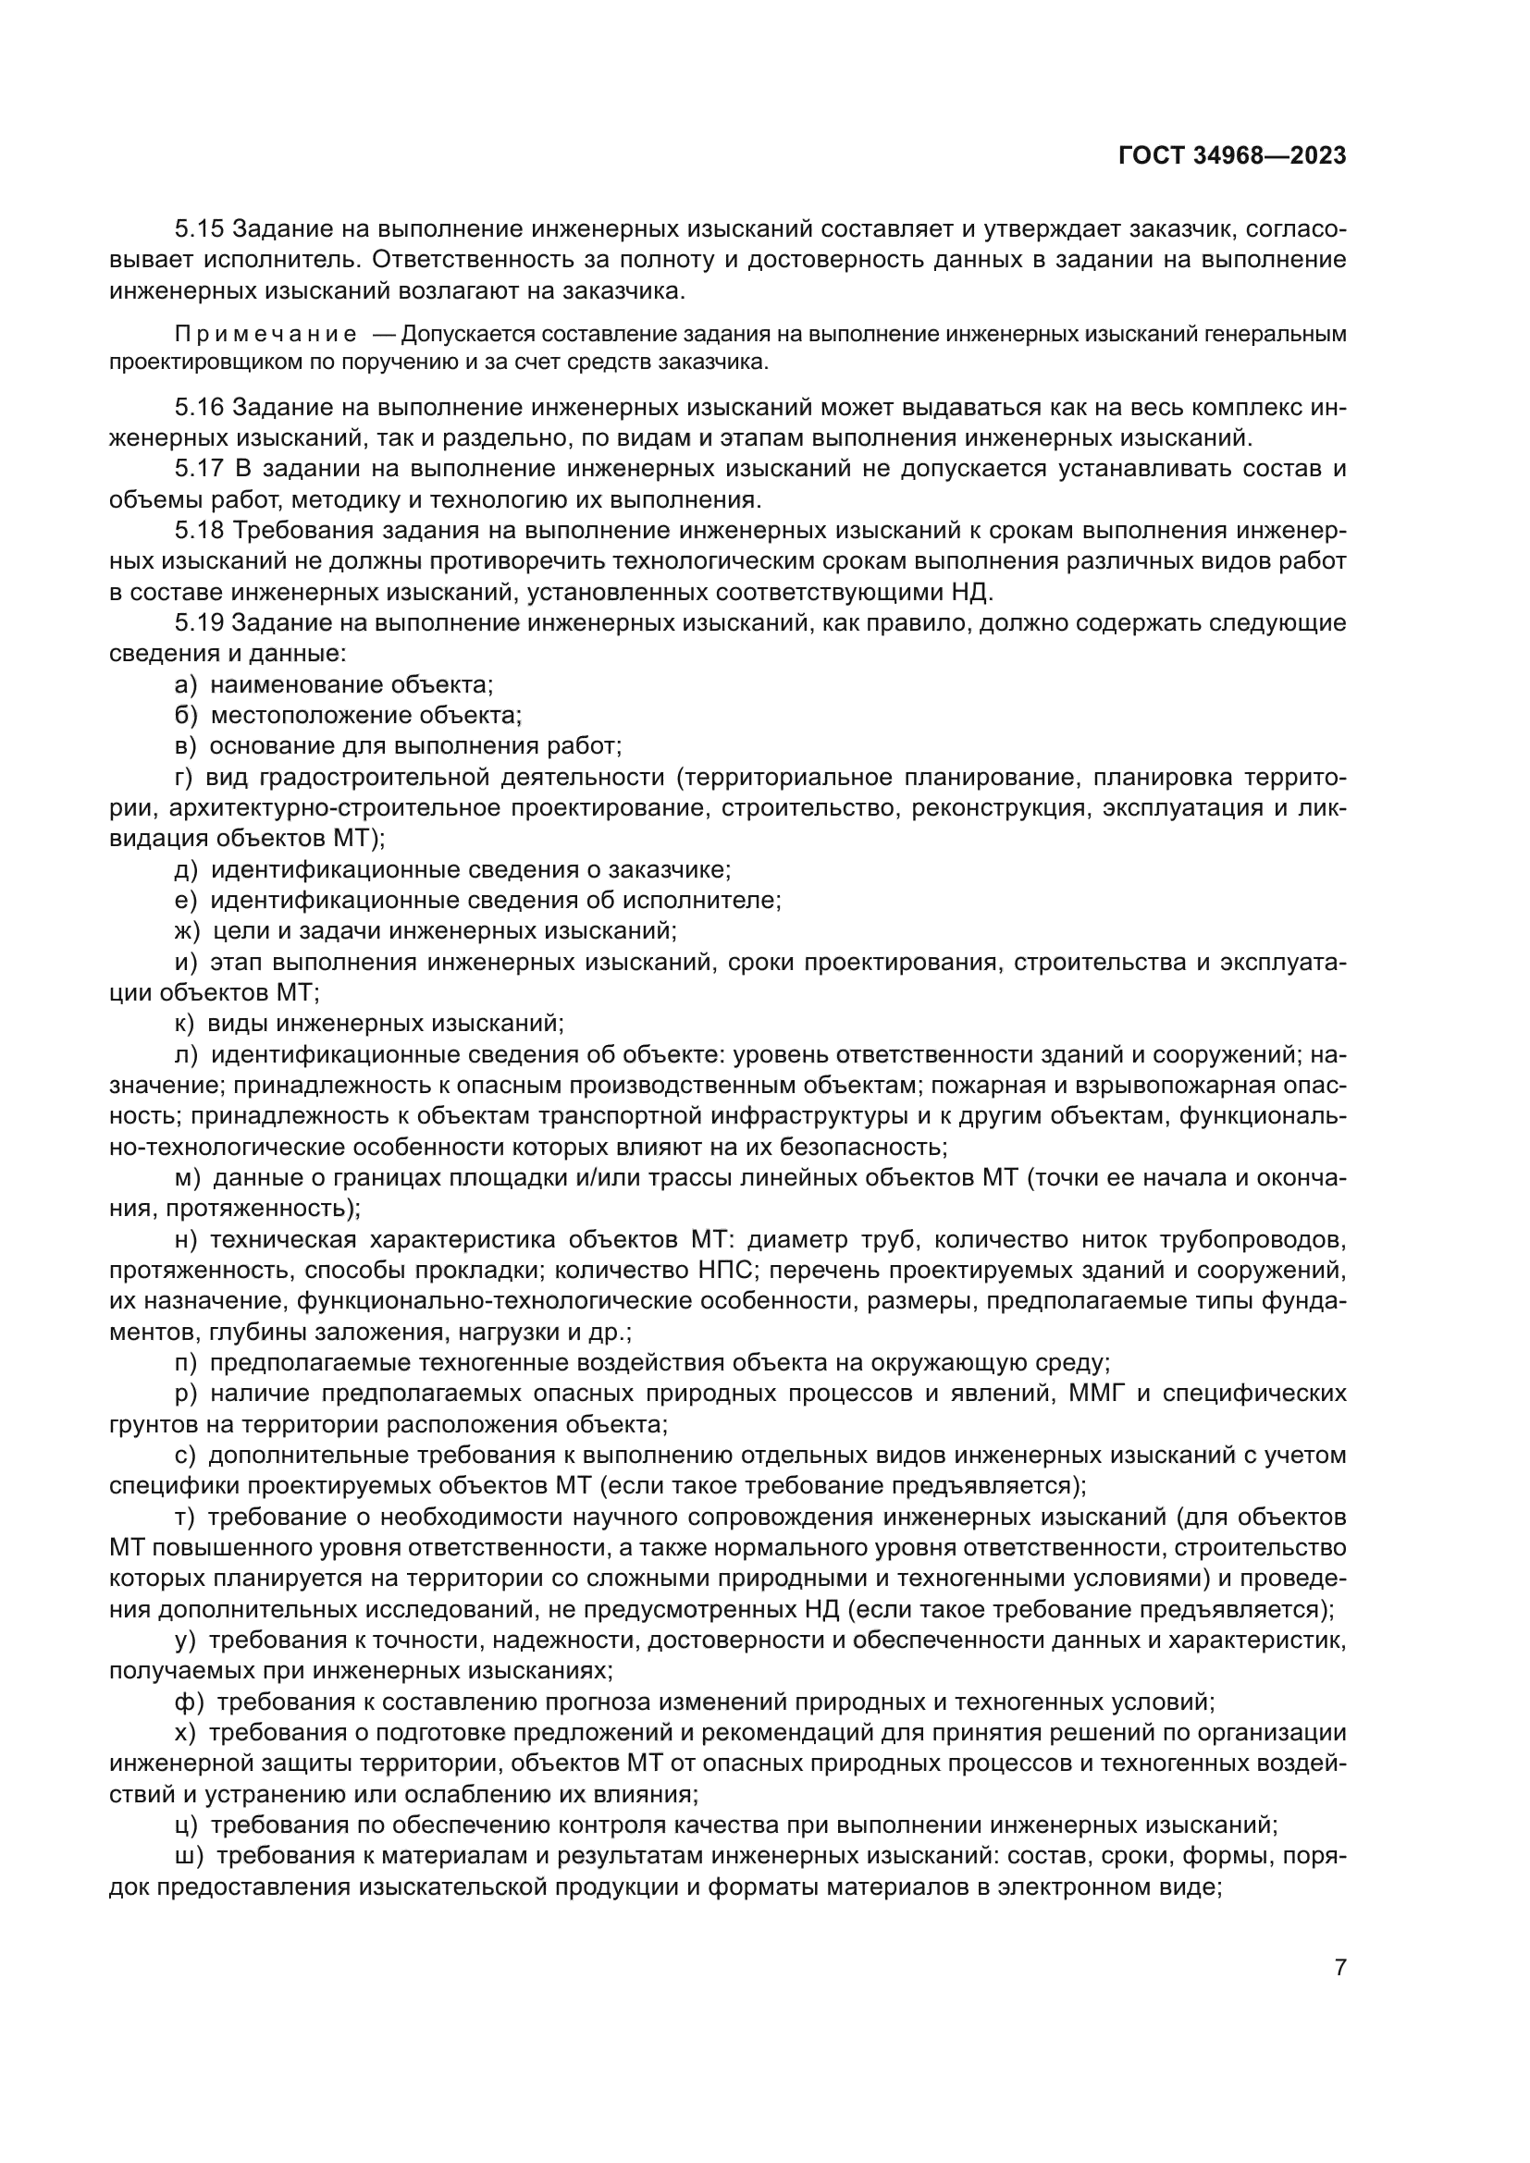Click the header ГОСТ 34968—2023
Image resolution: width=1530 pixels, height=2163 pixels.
1231,156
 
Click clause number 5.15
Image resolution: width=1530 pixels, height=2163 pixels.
199,229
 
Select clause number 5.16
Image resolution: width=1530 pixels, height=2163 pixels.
199,408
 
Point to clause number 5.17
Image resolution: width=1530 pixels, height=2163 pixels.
199,469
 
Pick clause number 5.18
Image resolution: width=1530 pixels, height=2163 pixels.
199,531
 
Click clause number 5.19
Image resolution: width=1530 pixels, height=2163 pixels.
199,622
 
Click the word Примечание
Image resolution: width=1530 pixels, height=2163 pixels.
265,335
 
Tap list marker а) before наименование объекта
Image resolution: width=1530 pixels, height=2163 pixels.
186,685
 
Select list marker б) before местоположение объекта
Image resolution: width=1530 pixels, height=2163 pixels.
186,715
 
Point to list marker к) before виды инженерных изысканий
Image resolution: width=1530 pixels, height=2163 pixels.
185,1023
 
